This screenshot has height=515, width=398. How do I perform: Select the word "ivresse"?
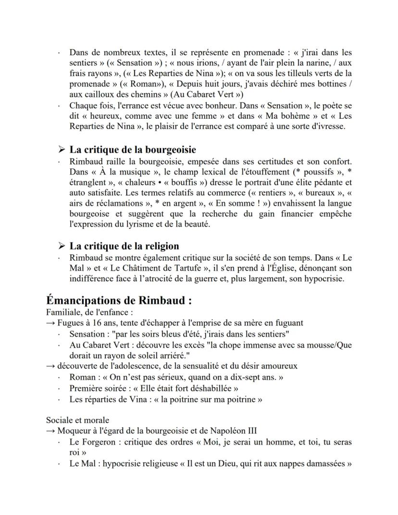[328, 127]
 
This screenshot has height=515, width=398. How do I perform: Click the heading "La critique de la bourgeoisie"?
[133, 150]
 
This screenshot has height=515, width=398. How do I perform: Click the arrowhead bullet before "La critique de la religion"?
[61, 247]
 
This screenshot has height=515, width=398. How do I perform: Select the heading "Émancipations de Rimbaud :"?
[119, 301]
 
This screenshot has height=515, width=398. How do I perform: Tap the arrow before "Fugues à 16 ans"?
[50, 323]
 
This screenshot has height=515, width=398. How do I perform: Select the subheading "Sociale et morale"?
[77, 420]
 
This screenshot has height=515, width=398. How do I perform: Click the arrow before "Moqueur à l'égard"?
[50, 430]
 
